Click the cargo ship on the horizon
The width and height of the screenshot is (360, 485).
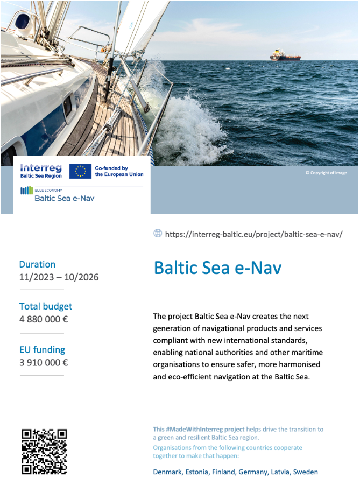[x=285, y=55]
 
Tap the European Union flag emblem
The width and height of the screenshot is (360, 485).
[x=80, y=171]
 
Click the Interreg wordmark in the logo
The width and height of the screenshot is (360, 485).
[x=41, y=167]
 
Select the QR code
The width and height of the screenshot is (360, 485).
[x=44, y=451]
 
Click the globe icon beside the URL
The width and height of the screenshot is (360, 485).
[x=158, y=233]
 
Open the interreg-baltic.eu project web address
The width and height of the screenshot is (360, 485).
[x=253, y=234]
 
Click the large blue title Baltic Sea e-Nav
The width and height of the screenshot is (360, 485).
[x=217, y=268]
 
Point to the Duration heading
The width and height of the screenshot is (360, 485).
[x=37, y=264]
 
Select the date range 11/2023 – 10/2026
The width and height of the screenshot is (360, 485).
[x=59, y=278]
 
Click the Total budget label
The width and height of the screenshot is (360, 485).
[x=46, y=306]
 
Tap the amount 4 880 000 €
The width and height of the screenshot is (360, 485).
[x=44, y=319]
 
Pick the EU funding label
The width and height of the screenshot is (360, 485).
[x=42, y=349]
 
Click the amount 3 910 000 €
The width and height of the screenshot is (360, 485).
[x=44, y=362]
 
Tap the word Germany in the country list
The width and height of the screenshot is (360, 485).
[x=252, y=472]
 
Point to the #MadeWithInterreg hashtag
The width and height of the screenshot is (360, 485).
[x=199, y=430]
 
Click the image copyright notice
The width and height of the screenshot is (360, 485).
[x=326, y=173]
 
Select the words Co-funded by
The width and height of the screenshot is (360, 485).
[x=111, y=168]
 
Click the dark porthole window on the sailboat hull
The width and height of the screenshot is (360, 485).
[x=68, y=105]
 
